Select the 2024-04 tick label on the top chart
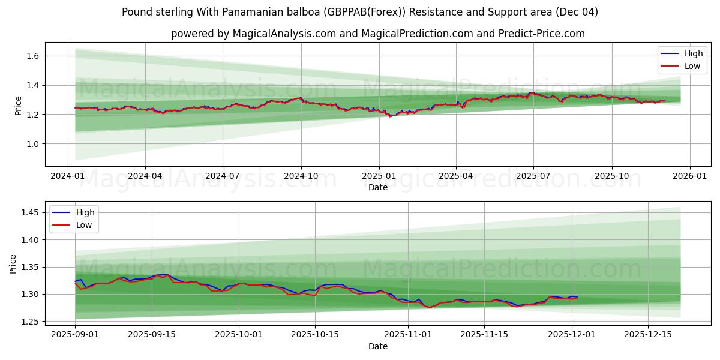(145, 176)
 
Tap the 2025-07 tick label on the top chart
(533, 176)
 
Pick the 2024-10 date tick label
(301, 176)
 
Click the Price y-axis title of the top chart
(18, 106)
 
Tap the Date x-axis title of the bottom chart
(378, 346)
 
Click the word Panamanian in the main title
(227, 12)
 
